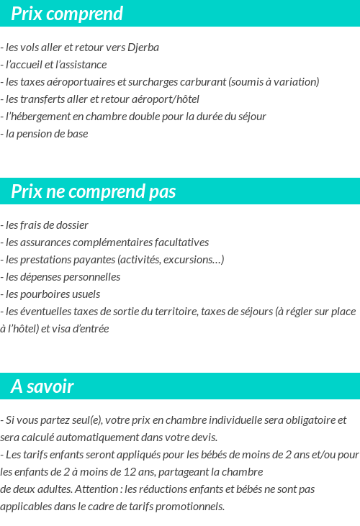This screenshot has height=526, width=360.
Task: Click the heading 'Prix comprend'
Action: (67, 14)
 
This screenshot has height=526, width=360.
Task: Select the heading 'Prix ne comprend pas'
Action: (94, 191)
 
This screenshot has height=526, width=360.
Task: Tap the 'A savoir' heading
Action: (42, 386)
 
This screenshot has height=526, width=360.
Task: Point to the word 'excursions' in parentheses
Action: (186, 260)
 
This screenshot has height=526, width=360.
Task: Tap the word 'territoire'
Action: (173, 312)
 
